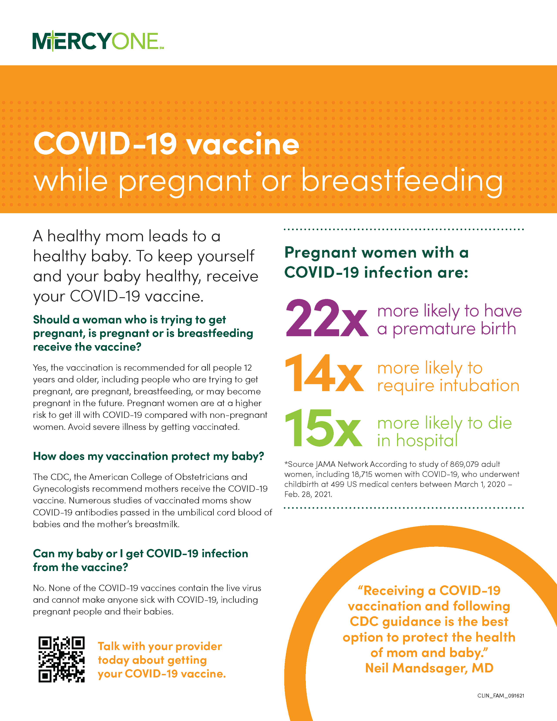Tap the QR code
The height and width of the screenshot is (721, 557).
click(x=61, y=659)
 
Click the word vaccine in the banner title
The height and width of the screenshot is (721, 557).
click(x=243, y=145)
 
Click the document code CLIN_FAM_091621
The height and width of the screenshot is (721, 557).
click(x=500, y=696)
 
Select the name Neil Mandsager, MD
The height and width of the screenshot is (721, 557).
click(x=429, y=668)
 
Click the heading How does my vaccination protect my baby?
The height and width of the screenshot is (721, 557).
click(x=148, y=456)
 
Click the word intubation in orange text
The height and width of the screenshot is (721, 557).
click(x=476, y=386)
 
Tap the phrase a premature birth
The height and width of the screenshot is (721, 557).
click(x=446, y=329)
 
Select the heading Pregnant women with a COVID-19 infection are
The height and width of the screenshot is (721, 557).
click(x=376, y=262)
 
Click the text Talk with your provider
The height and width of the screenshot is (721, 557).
click(x=160, y=646)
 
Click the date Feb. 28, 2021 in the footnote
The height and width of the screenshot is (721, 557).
click(x=308, y=494)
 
